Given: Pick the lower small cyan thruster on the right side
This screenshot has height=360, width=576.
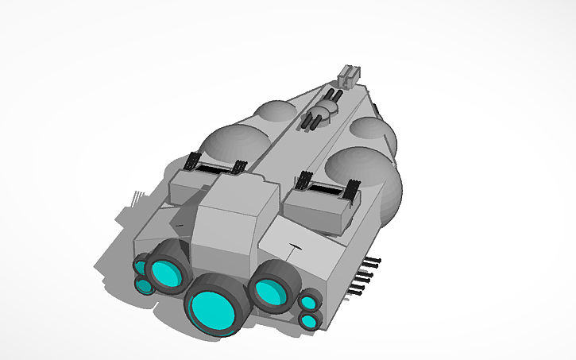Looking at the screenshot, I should pos(307,321).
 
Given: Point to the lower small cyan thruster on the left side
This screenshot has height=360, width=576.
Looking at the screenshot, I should pos(144,285).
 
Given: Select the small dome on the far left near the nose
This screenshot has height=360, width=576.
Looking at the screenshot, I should pos(274,113).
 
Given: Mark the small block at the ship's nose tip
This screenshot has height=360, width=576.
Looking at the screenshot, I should pos(349,75).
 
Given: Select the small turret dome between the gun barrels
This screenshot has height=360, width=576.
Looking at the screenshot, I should pos(324,110).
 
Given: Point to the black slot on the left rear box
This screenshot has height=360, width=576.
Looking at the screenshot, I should pos(215,168).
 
